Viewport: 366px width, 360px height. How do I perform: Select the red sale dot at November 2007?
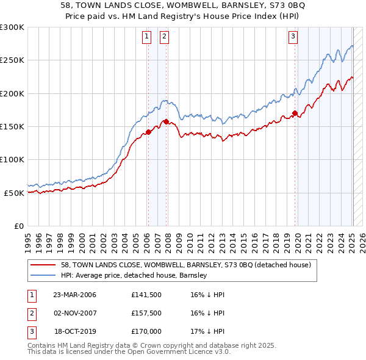point(167,121)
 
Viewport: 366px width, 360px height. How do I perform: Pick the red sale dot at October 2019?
point(295,113)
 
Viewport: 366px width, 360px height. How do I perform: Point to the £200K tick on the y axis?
point(12,93)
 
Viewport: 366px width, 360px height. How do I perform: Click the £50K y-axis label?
point(13,193)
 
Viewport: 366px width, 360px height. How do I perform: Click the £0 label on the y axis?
point(19,226)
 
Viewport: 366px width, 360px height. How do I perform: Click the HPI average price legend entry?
point(134,276)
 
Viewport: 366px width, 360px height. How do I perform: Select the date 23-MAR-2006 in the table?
point(75,295)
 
